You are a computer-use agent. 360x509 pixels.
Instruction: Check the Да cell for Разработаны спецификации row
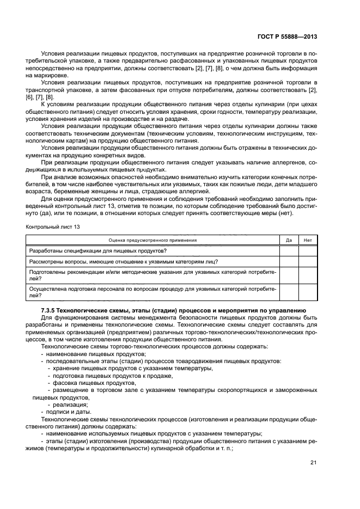[x=289, y=250]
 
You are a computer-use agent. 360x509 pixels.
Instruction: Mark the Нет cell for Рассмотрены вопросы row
[x=308, y=261]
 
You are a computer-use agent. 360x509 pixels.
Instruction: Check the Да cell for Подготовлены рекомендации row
[x=289, y=274]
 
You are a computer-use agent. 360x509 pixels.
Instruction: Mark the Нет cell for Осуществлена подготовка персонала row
[x=308, y=292]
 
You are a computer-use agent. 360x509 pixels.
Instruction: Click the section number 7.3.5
[x=51, y=310]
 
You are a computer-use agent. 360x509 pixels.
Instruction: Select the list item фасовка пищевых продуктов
[x=87, y=383]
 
